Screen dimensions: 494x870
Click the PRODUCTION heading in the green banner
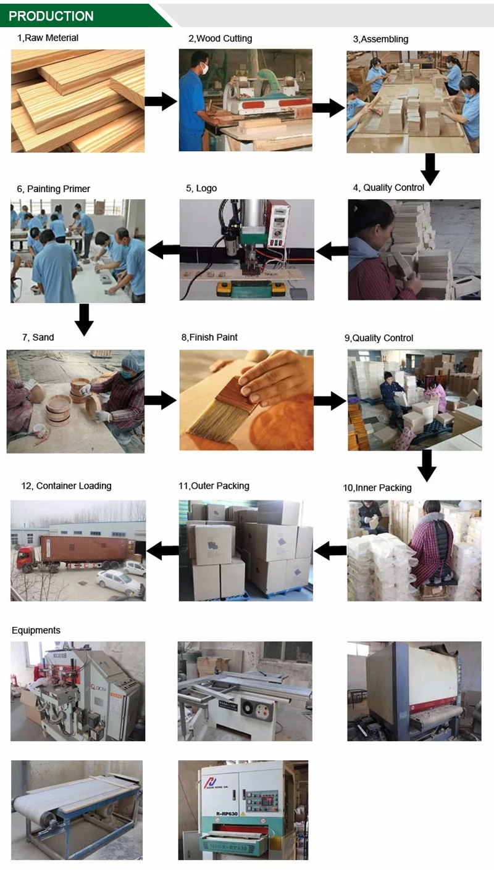point(51,16)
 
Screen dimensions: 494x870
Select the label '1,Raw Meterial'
point(48,38)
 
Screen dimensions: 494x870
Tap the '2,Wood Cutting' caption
point(220,38)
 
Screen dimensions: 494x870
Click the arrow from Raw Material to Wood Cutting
point(161,101)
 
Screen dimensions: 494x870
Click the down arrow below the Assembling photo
point(430,168)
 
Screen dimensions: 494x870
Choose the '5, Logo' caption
point(201,188)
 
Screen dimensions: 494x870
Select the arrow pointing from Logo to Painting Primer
point(164,250)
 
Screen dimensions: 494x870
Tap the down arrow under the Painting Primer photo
point(84,319)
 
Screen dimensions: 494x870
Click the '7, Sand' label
point(38,337)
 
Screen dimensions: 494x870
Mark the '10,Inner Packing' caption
point(377,487)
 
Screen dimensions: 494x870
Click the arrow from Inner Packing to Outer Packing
point(330,550)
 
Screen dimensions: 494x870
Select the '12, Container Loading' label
point(66,486)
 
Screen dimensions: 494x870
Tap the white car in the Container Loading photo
point(118,579)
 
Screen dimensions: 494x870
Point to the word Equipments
point(36,630)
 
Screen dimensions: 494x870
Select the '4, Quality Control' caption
point(388,188)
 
